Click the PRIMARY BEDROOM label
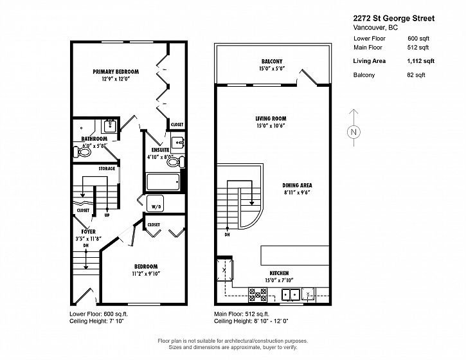[116, 71]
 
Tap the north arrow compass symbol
[354, 128]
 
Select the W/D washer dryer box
[155, 204]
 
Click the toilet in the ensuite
[175, 162]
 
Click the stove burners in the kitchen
[258, 294]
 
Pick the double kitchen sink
[291, 294]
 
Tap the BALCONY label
[272, 62]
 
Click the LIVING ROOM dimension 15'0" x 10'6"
[271, 126]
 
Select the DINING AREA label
[297, 185]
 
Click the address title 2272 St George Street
[394, 19]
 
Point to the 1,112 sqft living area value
[420, 61]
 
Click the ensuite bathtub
[163, 182]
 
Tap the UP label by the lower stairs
[107, 215]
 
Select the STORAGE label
[107, 168]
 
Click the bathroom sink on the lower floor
[110, 127]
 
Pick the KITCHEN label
[279, 273]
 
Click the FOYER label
[89, 231]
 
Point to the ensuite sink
[178, 143]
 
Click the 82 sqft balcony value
[416, 75]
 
